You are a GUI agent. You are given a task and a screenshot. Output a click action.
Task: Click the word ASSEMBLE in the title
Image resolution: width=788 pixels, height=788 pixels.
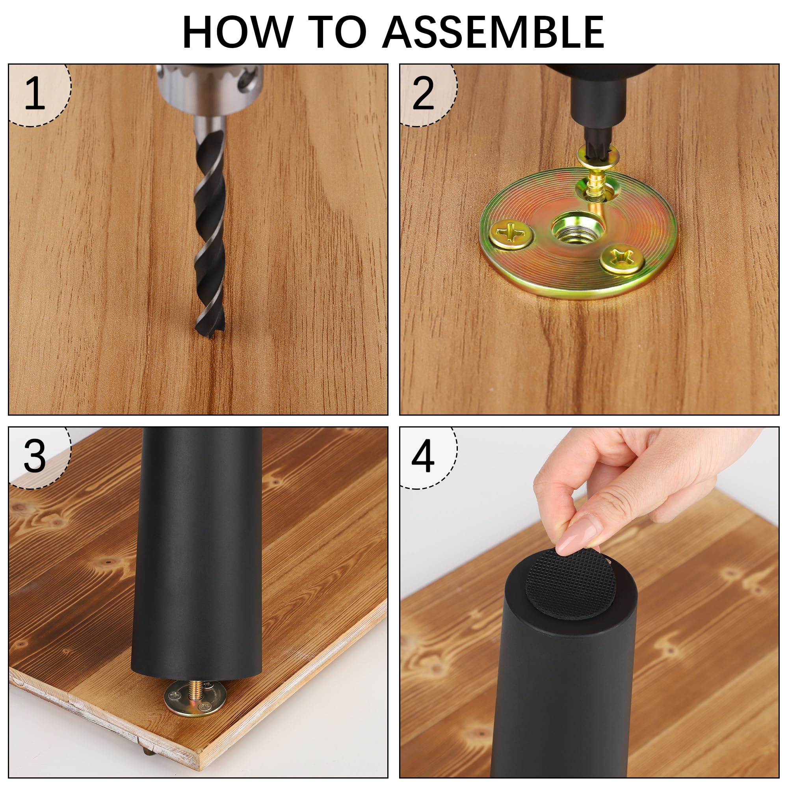point(494,32)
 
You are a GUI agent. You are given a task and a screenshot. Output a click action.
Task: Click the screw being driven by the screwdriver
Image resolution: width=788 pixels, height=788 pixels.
point(597,175)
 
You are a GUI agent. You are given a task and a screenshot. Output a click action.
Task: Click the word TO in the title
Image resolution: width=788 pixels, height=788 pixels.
point(336,32)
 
